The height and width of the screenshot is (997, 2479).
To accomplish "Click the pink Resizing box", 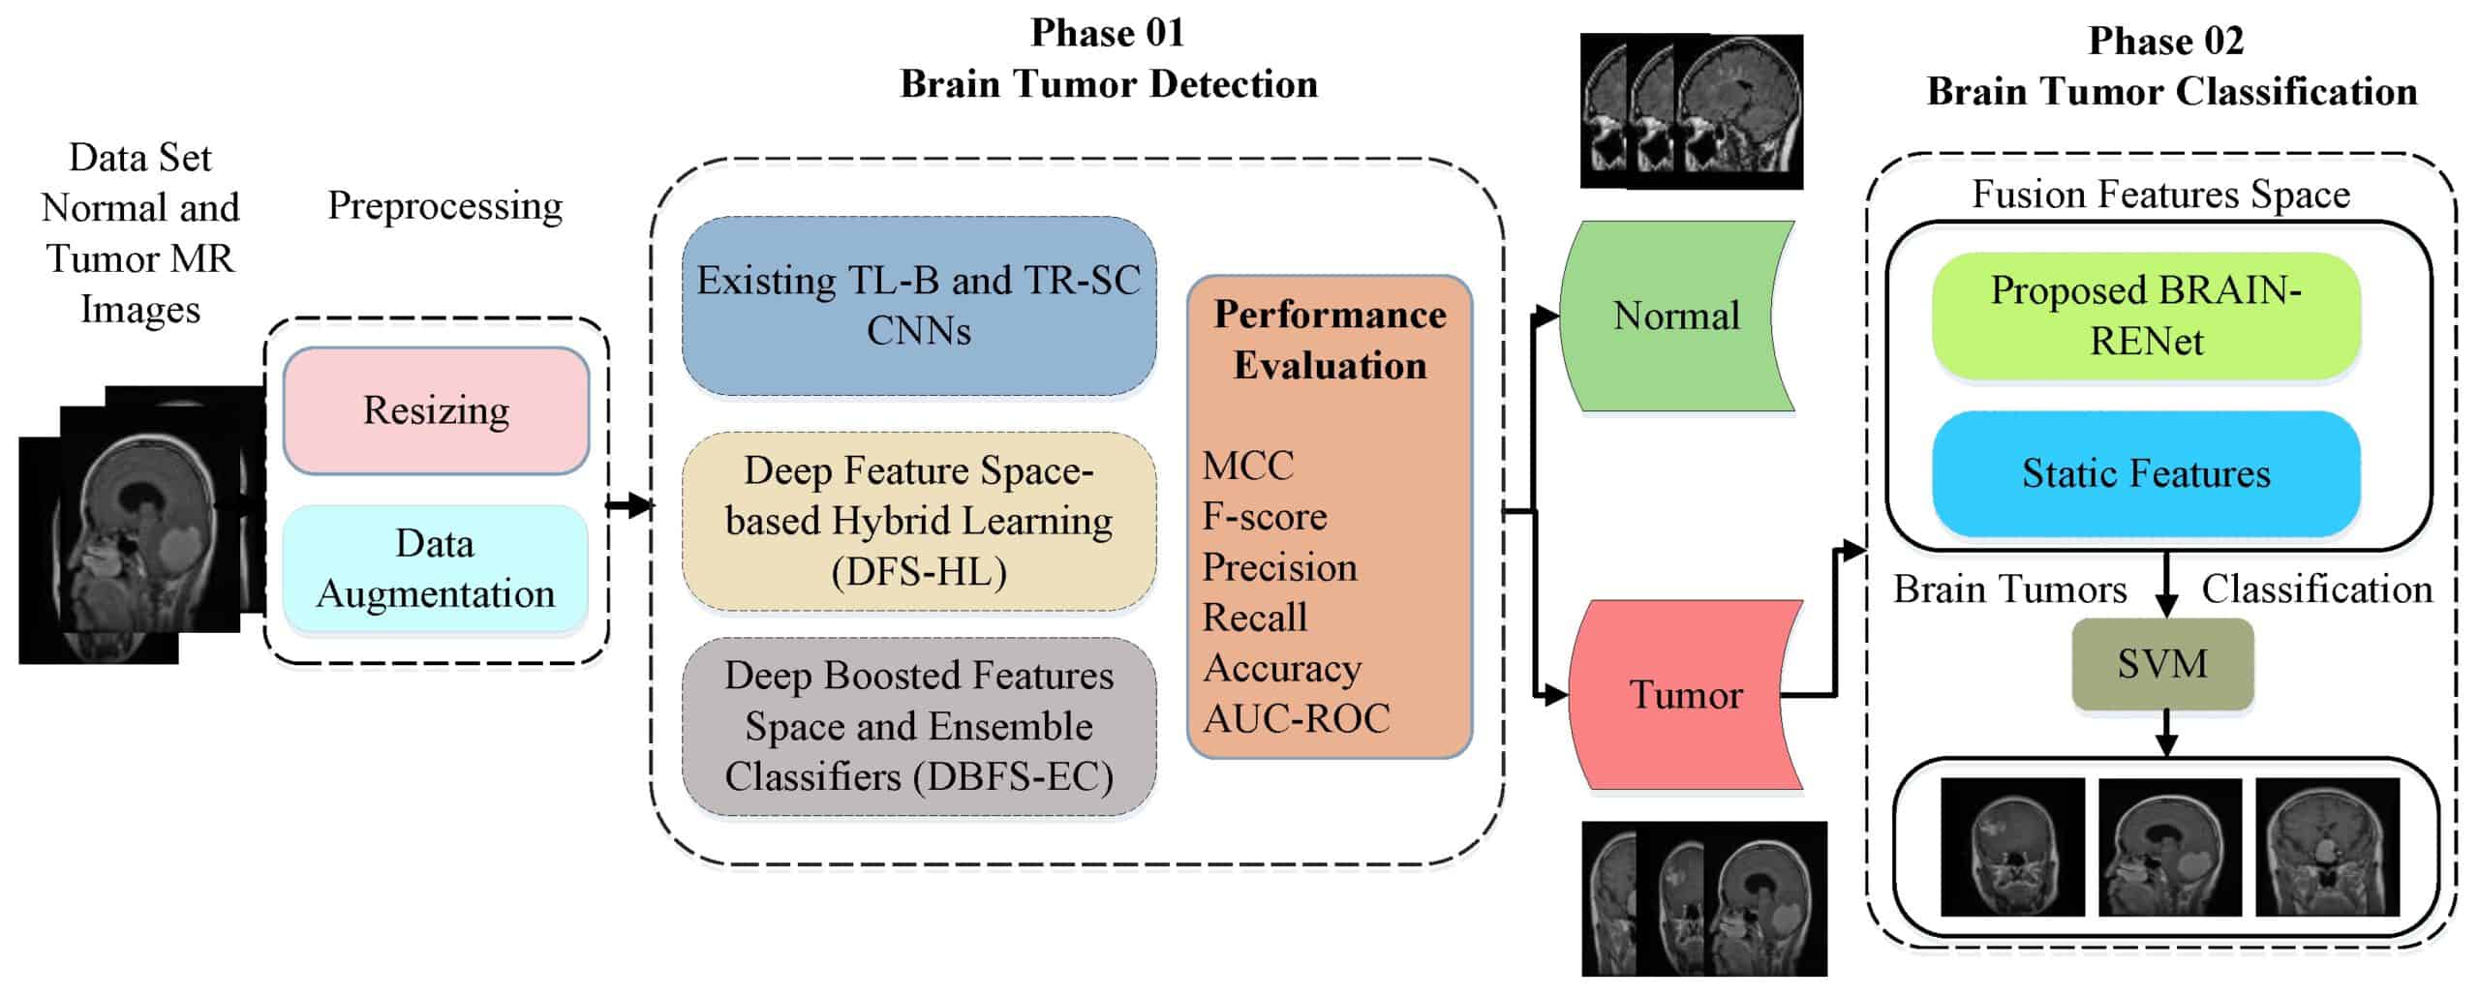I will click(x=436, y=410).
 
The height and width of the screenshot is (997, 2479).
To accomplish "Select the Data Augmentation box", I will click(x=436, y=569).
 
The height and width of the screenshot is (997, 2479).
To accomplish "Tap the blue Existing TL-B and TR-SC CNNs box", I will click(x=918, y=306).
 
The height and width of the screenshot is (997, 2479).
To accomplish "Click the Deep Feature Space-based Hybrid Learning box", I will click(x=918, y=521).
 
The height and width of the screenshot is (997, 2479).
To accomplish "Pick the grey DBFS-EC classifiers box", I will click(x=918, y=726).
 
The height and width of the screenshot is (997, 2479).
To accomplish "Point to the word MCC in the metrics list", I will click(x=1247, y=467).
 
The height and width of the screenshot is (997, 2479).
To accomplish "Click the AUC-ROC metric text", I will click(x=1296, y=718).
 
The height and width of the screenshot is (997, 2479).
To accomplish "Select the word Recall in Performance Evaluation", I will click(x=1254, y=618).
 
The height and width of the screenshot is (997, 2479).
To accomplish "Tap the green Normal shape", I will click(x=1675, y=317).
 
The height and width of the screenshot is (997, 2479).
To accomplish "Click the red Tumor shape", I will click(x=1685, y=695).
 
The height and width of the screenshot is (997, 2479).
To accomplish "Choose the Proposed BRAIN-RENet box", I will click(x=2146, y=317).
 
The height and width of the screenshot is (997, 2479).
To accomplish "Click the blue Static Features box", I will click(x=2146, y=474).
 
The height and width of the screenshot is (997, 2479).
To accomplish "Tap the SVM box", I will click(x=2161, y=664).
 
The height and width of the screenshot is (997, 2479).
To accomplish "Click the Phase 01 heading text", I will click(x=1108, y=34).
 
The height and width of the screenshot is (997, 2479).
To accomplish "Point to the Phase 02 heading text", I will click(x=2165, y=42).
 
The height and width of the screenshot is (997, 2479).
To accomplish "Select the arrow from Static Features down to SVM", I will click(x=2166, y=584).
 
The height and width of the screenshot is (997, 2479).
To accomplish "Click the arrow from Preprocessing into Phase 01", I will click(x=629, y=504).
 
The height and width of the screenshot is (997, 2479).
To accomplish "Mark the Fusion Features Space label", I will click(x=2160, y=195).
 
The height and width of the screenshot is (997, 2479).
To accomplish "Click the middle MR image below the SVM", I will click(x=2169, y=847).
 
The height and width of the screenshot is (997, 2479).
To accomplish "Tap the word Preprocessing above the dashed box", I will click(x=444, y=206).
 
